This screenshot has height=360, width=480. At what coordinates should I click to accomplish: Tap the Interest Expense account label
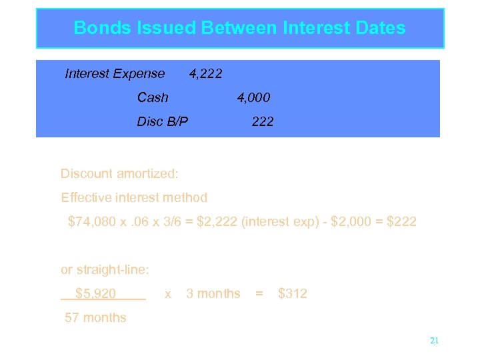(115, 73)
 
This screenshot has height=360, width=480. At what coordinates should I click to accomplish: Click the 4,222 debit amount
(206, 73)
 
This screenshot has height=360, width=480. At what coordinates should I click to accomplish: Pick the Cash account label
(153, 97)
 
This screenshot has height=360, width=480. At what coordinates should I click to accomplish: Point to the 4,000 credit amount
(254, 98)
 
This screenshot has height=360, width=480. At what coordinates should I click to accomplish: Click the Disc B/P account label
(163, 121)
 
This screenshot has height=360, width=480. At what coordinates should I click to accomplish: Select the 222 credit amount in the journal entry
(263, 121)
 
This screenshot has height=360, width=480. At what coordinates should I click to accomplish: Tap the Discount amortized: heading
(119, 173)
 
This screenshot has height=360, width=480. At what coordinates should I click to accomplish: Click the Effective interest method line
(134, 197)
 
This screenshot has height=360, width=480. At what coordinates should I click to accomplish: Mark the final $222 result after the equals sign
(401, 221)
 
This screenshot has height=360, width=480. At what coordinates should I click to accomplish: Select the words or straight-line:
(105, 269)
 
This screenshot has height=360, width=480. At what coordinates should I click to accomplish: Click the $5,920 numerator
(96, 293)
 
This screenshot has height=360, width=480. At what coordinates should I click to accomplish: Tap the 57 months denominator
(95, 317)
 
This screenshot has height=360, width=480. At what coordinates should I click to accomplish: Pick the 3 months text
(213, 293)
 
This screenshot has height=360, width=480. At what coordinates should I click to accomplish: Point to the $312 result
(293, 293)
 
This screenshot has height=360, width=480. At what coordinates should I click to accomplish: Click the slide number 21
(434, 341)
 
